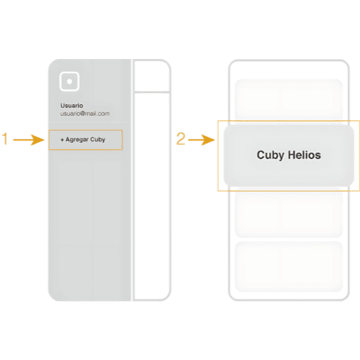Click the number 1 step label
pos(5,139)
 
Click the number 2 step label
pos(181,139)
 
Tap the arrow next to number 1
pos(29,140)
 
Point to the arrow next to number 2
pos(202,140)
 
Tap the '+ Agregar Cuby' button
pos(86,140)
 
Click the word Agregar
pos(77,140)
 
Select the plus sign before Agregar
pos(62,140)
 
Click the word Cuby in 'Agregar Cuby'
pos(98,140)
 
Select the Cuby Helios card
pos(289,156)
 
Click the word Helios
pos(305,155)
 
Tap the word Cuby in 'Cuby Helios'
pos(271,156)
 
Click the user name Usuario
pos(72,106)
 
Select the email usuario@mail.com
pos(85,114)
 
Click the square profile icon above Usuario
pos(69,81)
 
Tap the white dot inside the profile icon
pos(69,81)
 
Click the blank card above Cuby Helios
pos(289,99)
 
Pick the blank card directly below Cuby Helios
pos(289,212)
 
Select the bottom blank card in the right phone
pos(289,266)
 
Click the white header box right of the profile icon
pos(152,76)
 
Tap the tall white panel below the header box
pos(152,197)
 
